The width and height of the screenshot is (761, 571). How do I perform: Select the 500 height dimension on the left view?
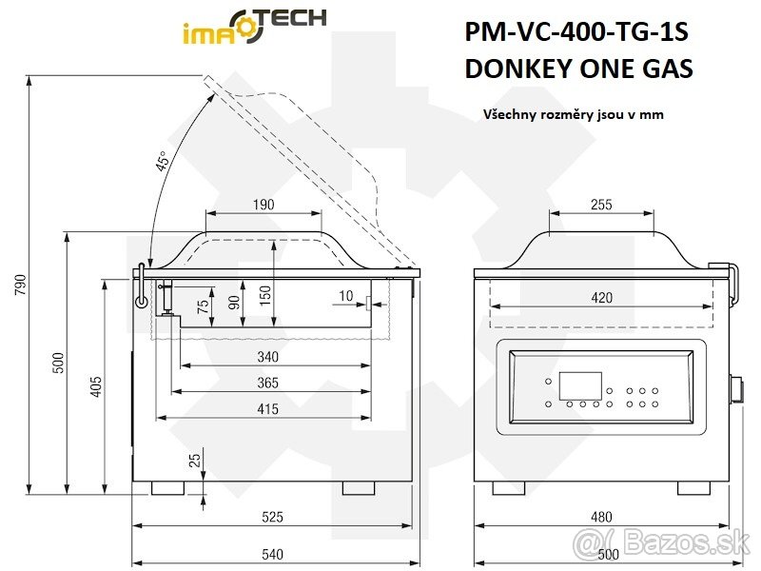pyautogui.click(x=57, y=362)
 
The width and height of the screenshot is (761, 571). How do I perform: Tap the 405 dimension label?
pyautogui.click(x=95, y=387)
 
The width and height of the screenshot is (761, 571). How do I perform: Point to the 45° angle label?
pyautogui.click(x=163, y=162)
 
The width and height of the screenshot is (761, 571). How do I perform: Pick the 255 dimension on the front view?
pyautogui.click(x=600, y=205)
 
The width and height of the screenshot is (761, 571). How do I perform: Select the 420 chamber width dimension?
pyautogui.click(x=601, y=298)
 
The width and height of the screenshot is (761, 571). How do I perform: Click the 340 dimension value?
pyautogui.click(x=267, y=357)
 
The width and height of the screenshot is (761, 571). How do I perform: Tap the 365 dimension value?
pyautogui.click(x=267, y=383)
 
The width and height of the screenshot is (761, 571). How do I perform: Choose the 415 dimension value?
pyautogui.click(x=267, y=409)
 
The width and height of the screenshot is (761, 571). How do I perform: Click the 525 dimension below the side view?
pyautogui.click(x=272, y=518)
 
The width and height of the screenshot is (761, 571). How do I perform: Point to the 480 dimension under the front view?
pyautogui.click(x=601, y=518)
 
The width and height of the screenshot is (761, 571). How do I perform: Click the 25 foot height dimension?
pyautogui.click(x=194, y=460)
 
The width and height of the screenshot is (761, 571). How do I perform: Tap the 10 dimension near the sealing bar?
pyautogui.click(x=344, y=296)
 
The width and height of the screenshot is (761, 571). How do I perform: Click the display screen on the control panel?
pyautogui.click(x=579, y=385)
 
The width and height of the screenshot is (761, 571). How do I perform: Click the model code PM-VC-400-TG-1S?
pyautogui.click(x=576, y=32)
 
